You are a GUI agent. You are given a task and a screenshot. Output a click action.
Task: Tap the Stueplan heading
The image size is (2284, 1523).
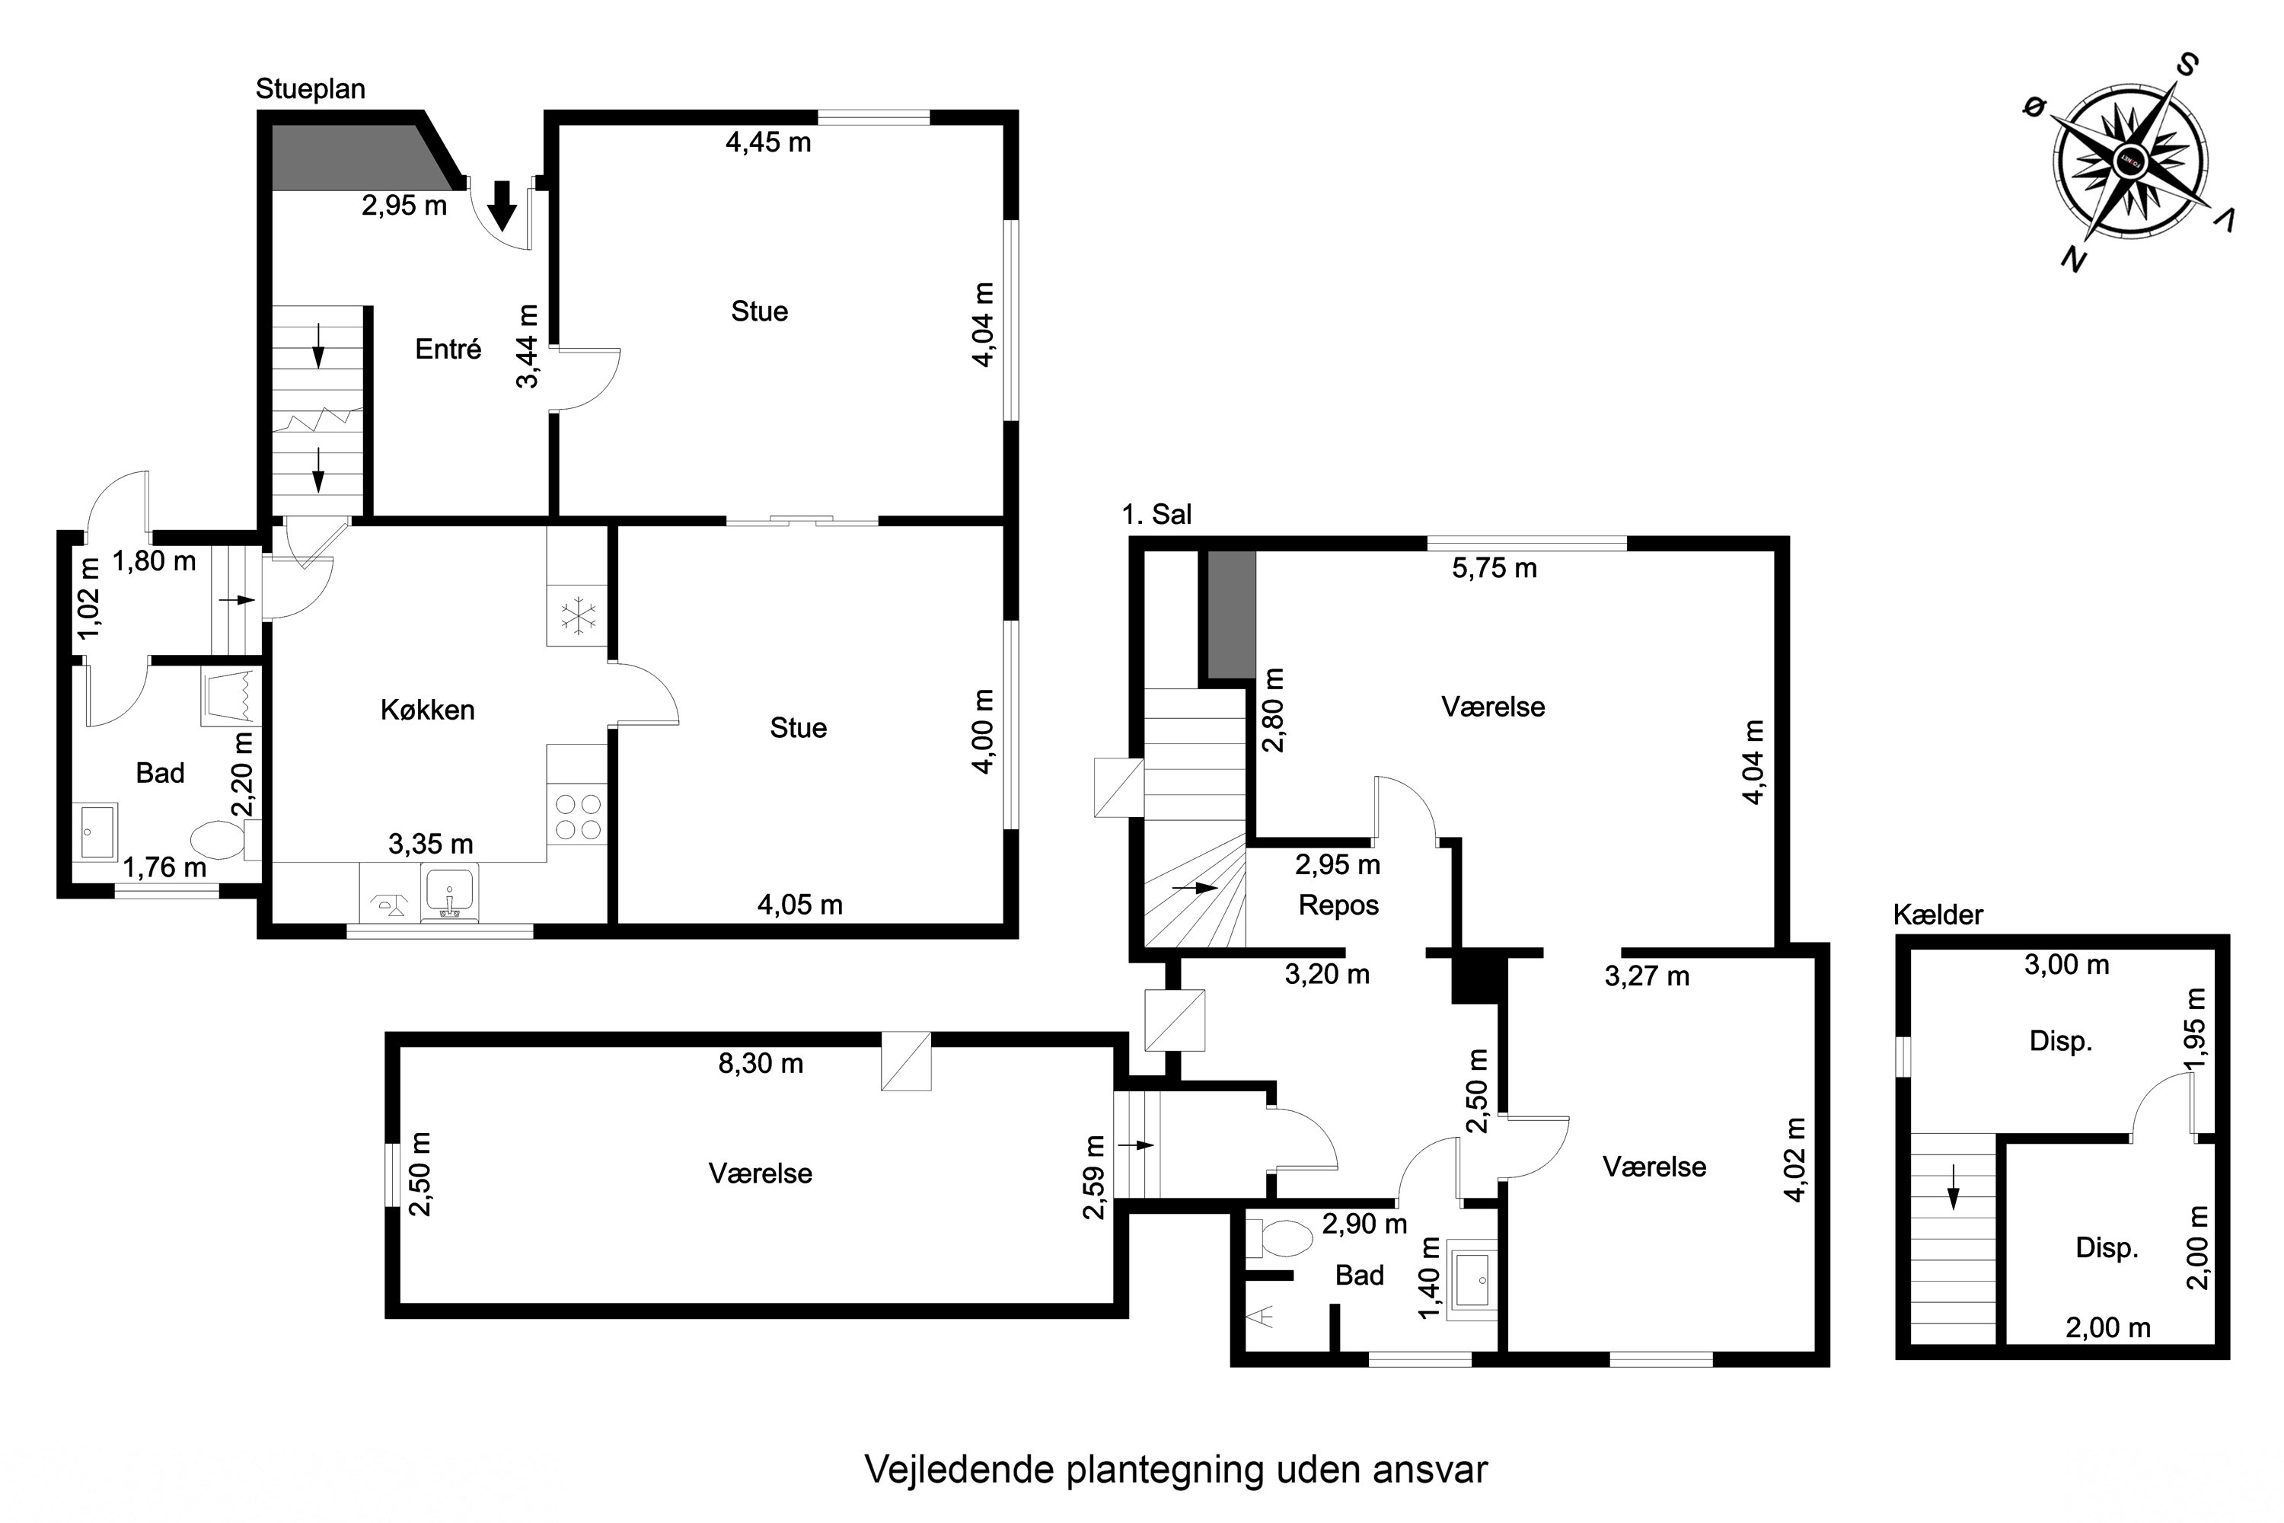[x=310, y=88]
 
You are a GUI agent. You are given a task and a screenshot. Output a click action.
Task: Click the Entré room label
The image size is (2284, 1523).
[x=448, y=349]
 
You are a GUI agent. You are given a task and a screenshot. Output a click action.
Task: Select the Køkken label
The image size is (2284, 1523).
[x=427, y=710]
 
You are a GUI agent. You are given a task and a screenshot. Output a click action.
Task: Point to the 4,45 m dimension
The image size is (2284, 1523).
[x=768, y=143]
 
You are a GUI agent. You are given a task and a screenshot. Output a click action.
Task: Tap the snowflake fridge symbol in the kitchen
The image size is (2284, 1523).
[x=577, y=616]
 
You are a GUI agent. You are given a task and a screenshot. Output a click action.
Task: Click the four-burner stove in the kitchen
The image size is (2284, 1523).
[x=577, y=817]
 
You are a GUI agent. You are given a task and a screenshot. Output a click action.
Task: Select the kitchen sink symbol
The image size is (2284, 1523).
[x=448, y=892]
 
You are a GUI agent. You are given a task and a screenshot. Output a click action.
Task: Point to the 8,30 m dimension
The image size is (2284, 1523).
[x=761, y=1064]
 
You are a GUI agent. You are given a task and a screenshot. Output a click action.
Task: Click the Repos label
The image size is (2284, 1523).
[x=1338, y=905]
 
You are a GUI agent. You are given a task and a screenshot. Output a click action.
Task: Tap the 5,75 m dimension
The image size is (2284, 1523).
[x=1494, y=568]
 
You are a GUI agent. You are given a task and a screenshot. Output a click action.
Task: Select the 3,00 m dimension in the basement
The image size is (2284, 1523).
[x=2066, y=965]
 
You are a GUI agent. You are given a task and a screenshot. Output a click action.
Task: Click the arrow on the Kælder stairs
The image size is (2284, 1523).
[x=1954, y=1202]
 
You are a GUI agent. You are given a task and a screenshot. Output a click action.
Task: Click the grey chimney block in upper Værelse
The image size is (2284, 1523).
[x=1231, y=615]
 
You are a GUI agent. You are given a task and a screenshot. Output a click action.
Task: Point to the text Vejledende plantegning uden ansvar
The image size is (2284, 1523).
[x=1175, y=1470]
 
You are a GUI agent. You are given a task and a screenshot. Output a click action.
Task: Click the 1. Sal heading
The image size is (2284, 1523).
[x=1156, y=514]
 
